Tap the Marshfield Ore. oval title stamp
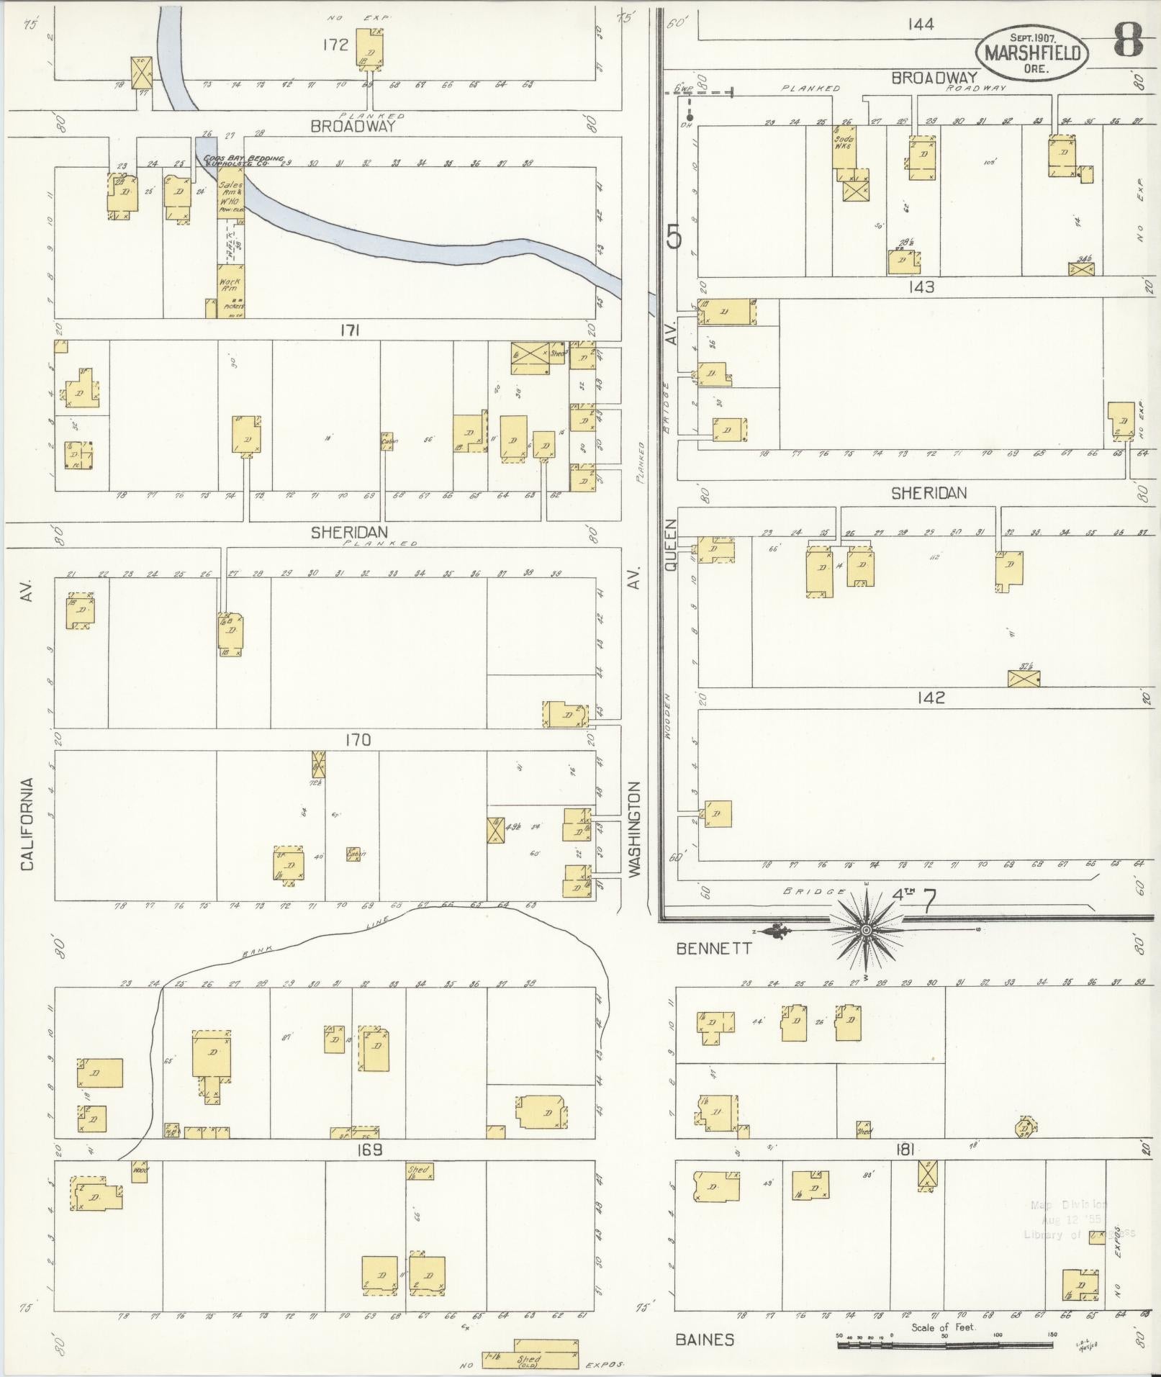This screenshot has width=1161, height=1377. [1031, 53]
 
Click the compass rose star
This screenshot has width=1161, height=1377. [867, 931]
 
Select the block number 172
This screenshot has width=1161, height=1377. [335, 45]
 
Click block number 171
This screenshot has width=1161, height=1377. [351, 330]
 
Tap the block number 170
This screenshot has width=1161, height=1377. [358, 740]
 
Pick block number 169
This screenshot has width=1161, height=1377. [369, 1150]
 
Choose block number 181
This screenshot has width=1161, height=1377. [905, 1150]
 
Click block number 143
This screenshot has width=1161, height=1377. [921, 287]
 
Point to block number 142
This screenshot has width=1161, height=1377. [931, 697]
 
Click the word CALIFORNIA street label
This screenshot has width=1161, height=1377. [27, 824]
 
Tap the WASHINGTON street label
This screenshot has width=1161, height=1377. [633, 829]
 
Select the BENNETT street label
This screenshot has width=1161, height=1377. [714, 949]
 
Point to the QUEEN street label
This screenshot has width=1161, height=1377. [671, 546]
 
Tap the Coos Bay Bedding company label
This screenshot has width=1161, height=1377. [243, 161]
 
